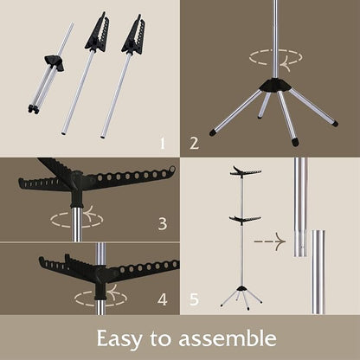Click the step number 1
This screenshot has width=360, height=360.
pyautogui.click(x=163, y=143)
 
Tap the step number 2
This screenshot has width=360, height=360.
pyautogui.click(x=195, y=143)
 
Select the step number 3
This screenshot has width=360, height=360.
pyautogui.click(x=163, y=223)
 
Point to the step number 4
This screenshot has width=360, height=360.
pyautogui.click(x=163, y=299)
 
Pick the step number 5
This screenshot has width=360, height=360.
pyautogui.click(x=194, y=299)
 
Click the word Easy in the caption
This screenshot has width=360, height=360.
pyautogui.click(x=119, y=338)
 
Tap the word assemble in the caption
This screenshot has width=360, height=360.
pyautogui.click(x=228, y=337)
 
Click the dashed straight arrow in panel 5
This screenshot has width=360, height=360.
pyautogui.click(x=270, y=241)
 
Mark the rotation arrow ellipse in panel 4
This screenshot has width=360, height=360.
pyautogui.click(x=100, y=297)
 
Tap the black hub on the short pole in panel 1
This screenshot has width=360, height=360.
pyautogui.click(x=55, y=61)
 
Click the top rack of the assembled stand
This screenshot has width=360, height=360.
pyautogui.click(x=246, y=171)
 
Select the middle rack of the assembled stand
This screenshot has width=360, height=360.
pyautogui.click(x=245, y=220)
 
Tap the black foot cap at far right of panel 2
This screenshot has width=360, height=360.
pyautogui.click(x=335, y=124)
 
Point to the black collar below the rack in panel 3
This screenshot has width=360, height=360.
pyautogui.click(x=76, y=205)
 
